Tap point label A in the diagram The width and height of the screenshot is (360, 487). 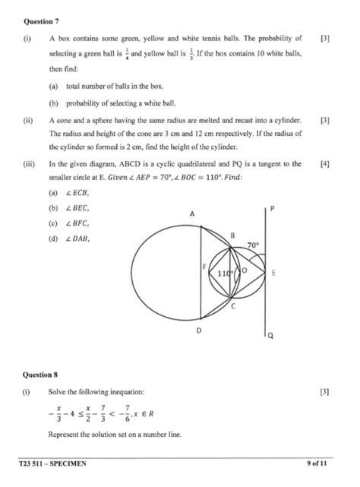193,215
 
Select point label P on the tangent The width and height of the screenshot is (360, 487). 271,208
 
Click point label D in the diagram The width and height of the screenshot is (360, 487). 200,331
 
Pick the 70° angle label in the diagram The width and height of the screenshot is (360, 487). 253,245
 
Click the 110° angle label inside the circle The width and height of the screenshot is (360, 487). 225,273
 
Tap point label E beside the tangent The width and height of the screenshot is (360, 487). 273,272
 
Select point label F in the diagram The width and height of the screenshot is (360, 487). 203,267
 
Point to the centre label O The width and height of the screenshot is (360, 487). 244,270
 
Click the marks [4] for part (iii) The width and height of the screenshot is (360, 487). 325,163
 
